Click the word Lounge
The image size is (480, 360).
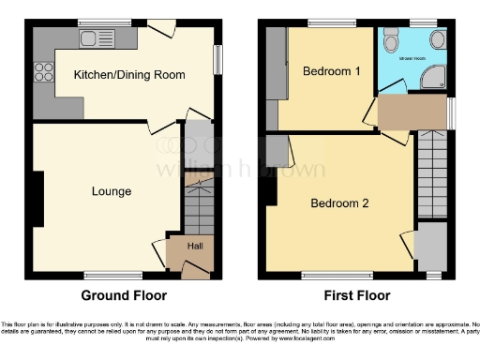point(111,191)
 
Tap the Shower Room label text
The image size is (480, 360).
point(413,58)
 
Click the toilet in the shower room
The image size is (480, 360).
point(392,41)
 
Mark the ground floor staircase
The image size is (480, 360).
point(198,202)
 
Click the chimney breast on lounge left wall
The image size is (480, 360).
point(38,199)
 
